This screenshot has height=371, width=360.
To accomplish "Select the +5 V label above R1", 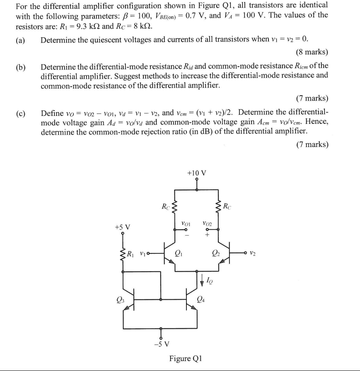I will coord(123,227).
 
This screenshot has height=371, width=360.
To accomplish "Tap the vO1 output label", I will coord(186,224).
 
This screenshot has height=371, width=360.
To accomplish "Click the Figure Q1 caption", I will coord(185,358).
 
